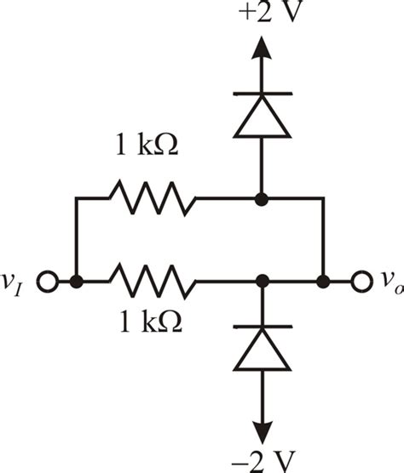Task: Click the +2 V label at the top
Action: (262, 14)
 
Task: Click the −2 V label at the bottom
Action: (262, 460)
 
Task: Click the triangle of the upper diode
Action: (262, 119)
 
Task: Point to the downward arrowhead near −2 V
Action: (262, 429)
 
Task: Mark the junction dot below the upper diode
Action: (262, 199)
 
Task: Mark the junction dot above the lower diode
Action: (262, 279)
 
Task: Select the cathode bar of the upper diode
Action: (262, 94)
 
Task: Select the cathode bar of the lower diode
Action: (262, 326)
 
